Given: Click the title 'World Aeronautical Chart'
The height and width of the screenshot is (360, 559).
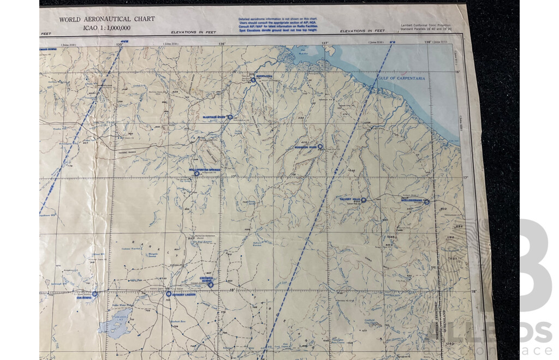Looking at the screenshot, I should click(107, 19).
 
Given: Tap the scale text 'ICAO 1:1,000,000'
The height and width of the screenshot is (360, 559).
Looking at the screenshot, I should click(106, 27).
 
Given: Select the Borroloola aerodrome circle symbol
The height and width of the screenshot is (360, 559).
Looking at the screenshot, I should click(253, 80).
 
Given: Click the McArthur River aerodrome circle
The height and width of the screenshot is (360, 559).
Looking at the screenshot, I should click(230, 116).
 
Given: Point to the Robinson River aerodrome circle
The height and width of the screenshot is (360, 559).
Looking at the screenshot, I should click(320, 146).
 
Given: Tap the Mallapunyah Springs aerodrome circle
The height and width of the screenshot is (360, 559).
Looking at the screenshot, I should click(197, 173).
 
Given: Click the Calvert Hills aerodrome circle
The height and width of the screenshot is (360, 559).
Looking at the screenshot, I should click(364, 200).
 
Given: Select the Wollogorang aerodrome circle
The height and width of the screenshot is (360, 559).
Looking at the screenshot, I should click(427, 202).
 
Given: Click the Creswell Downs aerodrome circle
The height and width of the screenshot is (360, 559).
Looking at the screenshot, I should click(210, 284).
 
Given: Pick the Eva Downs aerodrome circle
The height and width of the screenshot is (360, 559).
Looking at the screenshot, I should click(94, 293).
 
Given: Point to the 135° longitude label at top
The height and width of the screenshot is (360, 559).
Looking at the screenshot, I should click(119, 44).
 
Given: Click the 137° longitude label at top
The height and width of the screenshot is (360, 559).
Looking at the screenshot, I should click(325, 44).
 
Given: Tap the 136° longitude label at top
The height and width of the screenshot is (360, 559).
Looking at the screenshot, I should click(222, 44).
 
